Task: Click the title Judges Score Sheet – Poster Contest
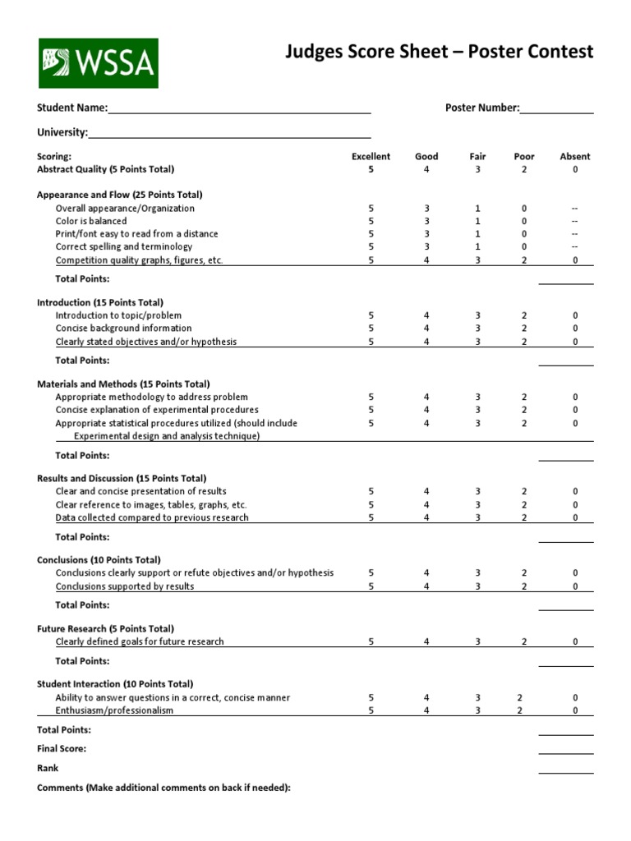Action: pos(439,53)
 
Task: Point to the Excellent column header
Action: pos(371,156)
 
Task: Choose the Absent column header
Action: pos(574,156)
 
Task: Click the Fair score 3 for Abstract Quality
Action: pos(477,169)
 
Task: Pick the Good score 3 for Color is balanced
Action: pos(426,221)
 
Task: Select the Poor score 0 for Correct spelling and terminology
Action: pos(523,246)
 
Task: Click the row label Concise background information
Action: pos(123,329)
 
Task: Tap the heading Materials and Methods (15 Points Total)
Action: pos(123,384)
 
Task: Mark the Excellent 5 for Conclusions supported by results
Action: pos(371,586)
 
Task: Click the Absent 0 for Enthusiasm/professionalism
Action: pos(574,710)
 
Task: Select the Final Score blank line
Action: pos(565,749)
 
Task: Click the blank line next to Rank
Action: pos(565,769)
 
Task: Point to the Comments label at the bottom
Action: pos(164,788)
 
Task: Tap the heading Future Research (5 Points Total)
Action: pos(105,628)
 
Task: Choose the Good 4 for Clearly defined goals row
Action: pos(426,641)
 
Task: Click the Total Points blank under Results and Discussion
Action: pos(565,538)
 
